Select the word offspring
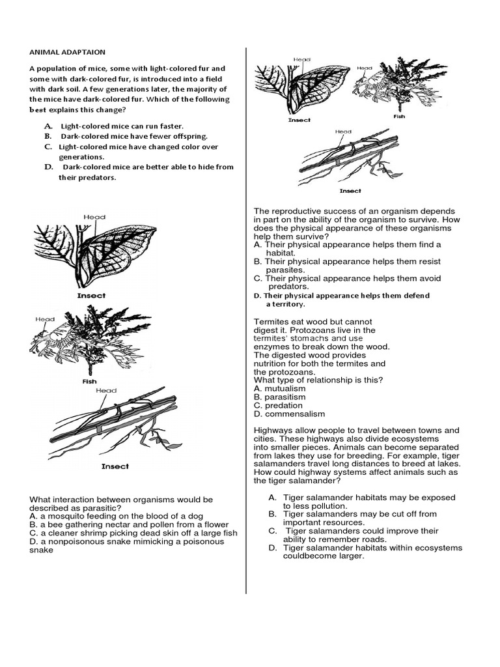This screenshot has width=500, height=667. [187, 136]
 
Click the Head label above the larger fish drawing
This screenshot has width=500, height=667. [45, 320]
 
